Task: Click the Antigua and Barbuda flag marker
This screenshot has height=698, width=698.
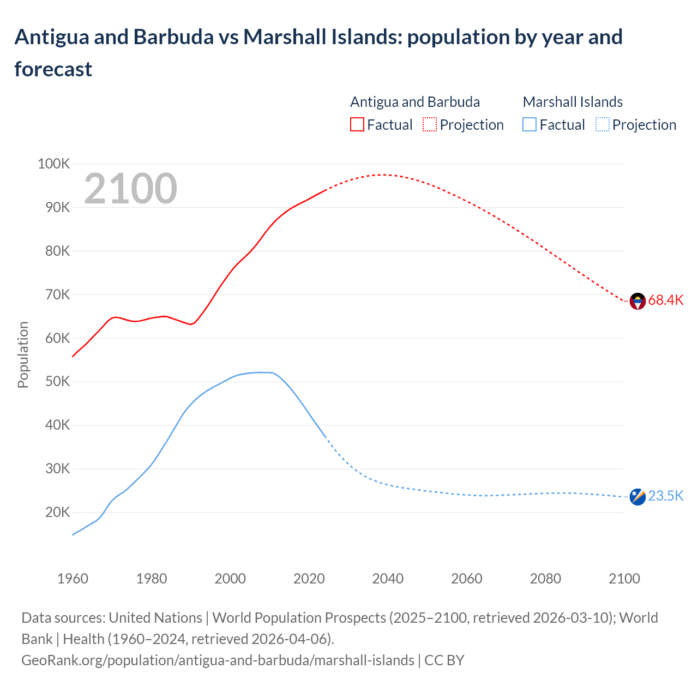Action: [x=637, y=301]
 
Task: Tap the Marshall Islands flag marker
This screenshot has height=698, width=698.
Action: [x=637, y=497]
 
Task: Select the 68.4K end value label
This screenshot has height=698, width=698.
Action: [x=665, y=300]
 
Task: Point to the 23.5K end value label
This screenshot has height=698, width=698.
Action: [x=665, y=496]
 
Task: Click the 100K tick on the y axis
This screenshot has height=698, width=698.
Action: [x=54, y=164]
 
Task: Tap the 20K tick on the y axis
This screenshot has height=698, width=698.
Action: [x=57, y=512]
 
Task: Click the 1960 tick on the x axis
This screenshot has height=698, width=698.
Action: [x=73, y=579]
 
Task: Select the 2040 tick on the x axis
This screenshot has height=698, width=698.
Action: [x=388, y=579]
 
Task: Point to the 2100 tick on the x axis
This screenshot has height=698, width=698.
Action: [x=624, y=579]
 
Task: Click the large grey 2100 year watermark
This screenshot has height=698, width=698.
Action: [x=130, y=189]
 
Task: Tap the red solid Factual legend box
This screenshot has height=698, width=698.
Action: [x=357, y=125]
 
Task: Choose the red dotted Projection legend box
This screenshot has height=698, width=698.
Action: [x=430, y=125]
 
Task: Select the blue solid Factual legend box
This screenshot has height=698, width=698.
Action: [x=529, y=125]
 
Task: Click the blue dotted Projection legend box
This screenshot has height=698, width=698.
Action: [x=602, y=125]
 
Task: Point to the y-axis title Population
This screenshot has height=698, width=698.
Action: [x=23, y=354]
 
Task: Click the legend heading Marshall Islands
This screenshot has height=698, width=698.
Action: [x=573, y=102]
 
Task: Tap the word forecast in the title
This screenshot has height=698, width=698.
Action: [x=53, y=69]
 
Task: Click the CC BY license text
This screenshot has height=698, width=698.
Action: [x=444, y=660]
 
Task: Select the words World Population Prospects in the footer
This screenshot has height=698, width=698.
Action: [x=299, y=618]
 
